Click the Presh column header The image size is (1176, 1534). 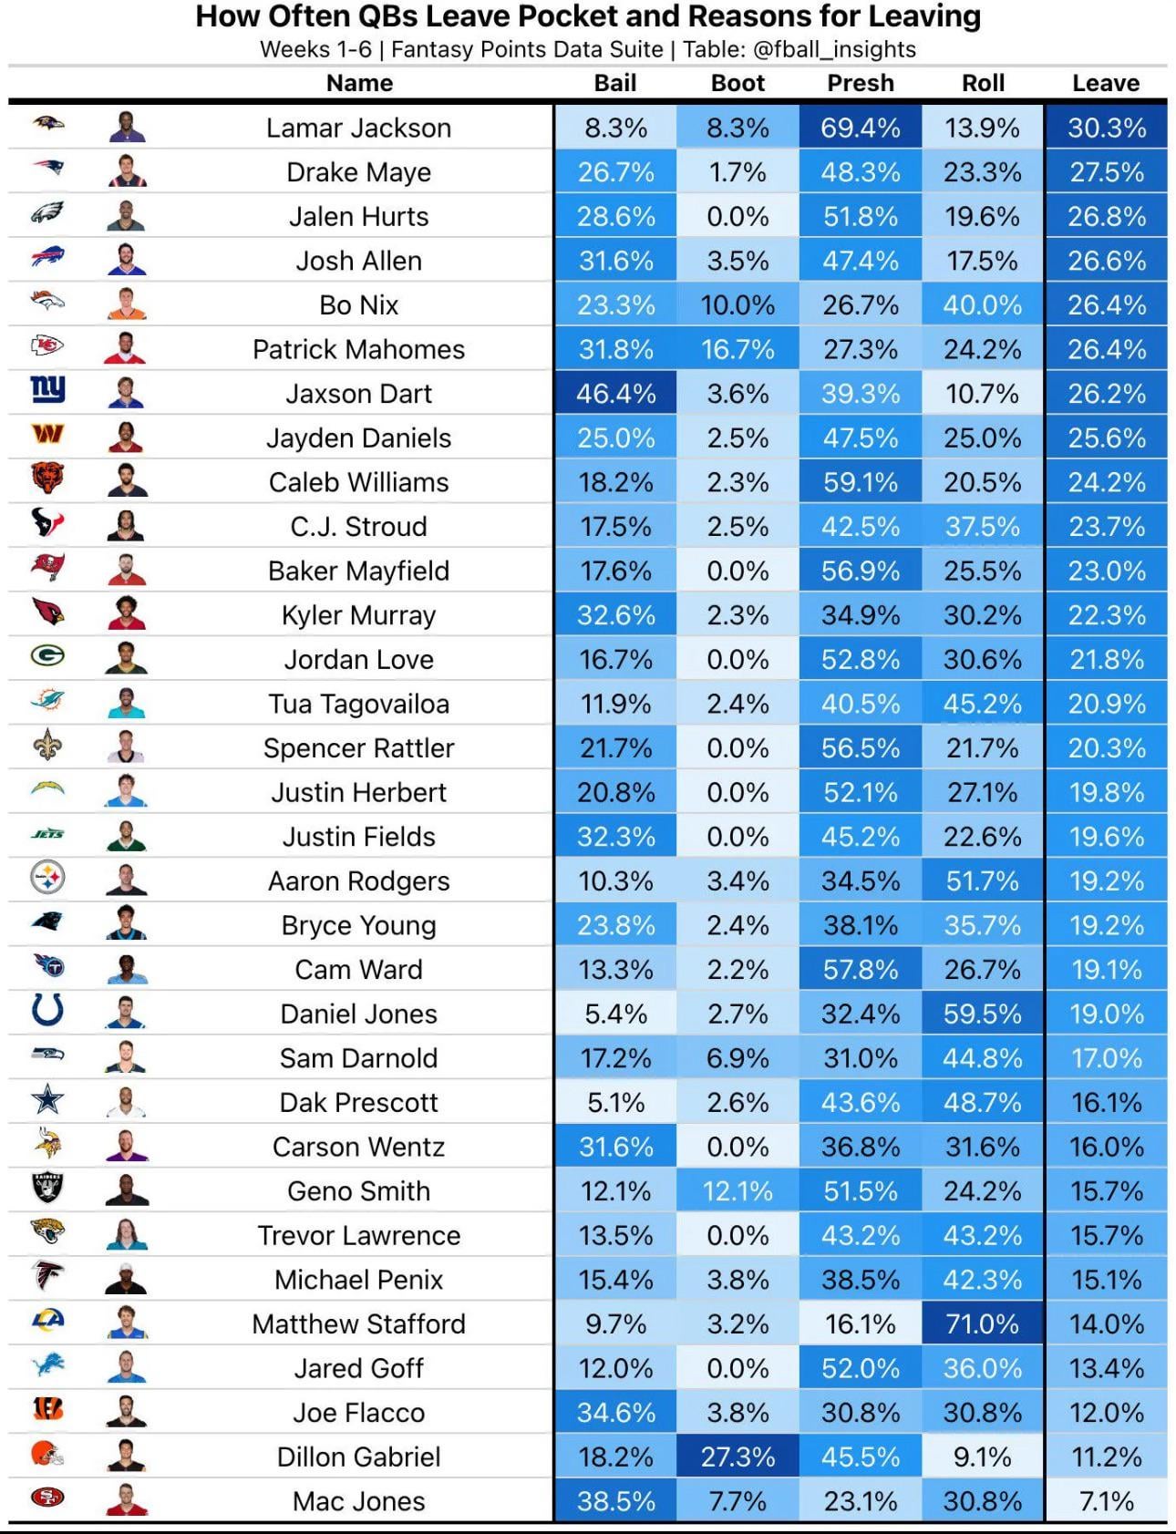tap(860, 83)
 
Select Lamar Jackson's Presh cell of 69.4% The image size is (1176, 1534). tap(860, 128)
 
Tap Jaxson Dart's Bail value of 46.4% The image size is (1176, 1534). tap(615, 394)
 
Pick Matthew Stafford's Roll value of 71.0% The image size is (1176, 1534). tap(982, 1323)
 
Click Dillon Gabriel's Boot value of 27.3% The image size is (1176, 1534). tap(738, 1457)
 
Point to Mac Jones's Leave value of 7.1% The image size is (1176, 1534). tap(1106, 1501)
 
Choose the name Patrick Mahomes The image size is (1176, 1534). tap(358, 349)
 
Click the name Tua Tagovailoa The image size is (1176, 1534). tap(358, 704)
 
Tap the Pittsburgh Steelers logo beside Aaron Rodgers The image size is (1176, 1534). tap(47, 879)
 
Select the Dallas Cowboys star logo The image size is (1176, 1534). tap(47, 1100)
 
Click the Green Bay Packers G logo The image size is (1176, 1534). tap(47, 656)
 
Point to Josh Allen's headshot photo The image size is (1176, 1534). tap(127, 260)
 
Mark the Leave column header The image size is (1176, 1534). tap(1105, 83)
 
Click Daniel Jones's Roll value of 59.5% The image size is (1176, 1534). tap(982, 1014)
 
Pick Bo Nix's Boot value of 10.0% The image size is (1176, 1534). tap(738, 305)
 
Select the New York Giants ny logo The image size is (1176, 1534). tap(47, 389)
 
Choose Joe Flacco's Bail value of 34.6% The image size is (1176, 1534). tap(615, 1413)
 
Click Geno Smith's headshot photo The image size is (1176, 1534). tap(127, 1189)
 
